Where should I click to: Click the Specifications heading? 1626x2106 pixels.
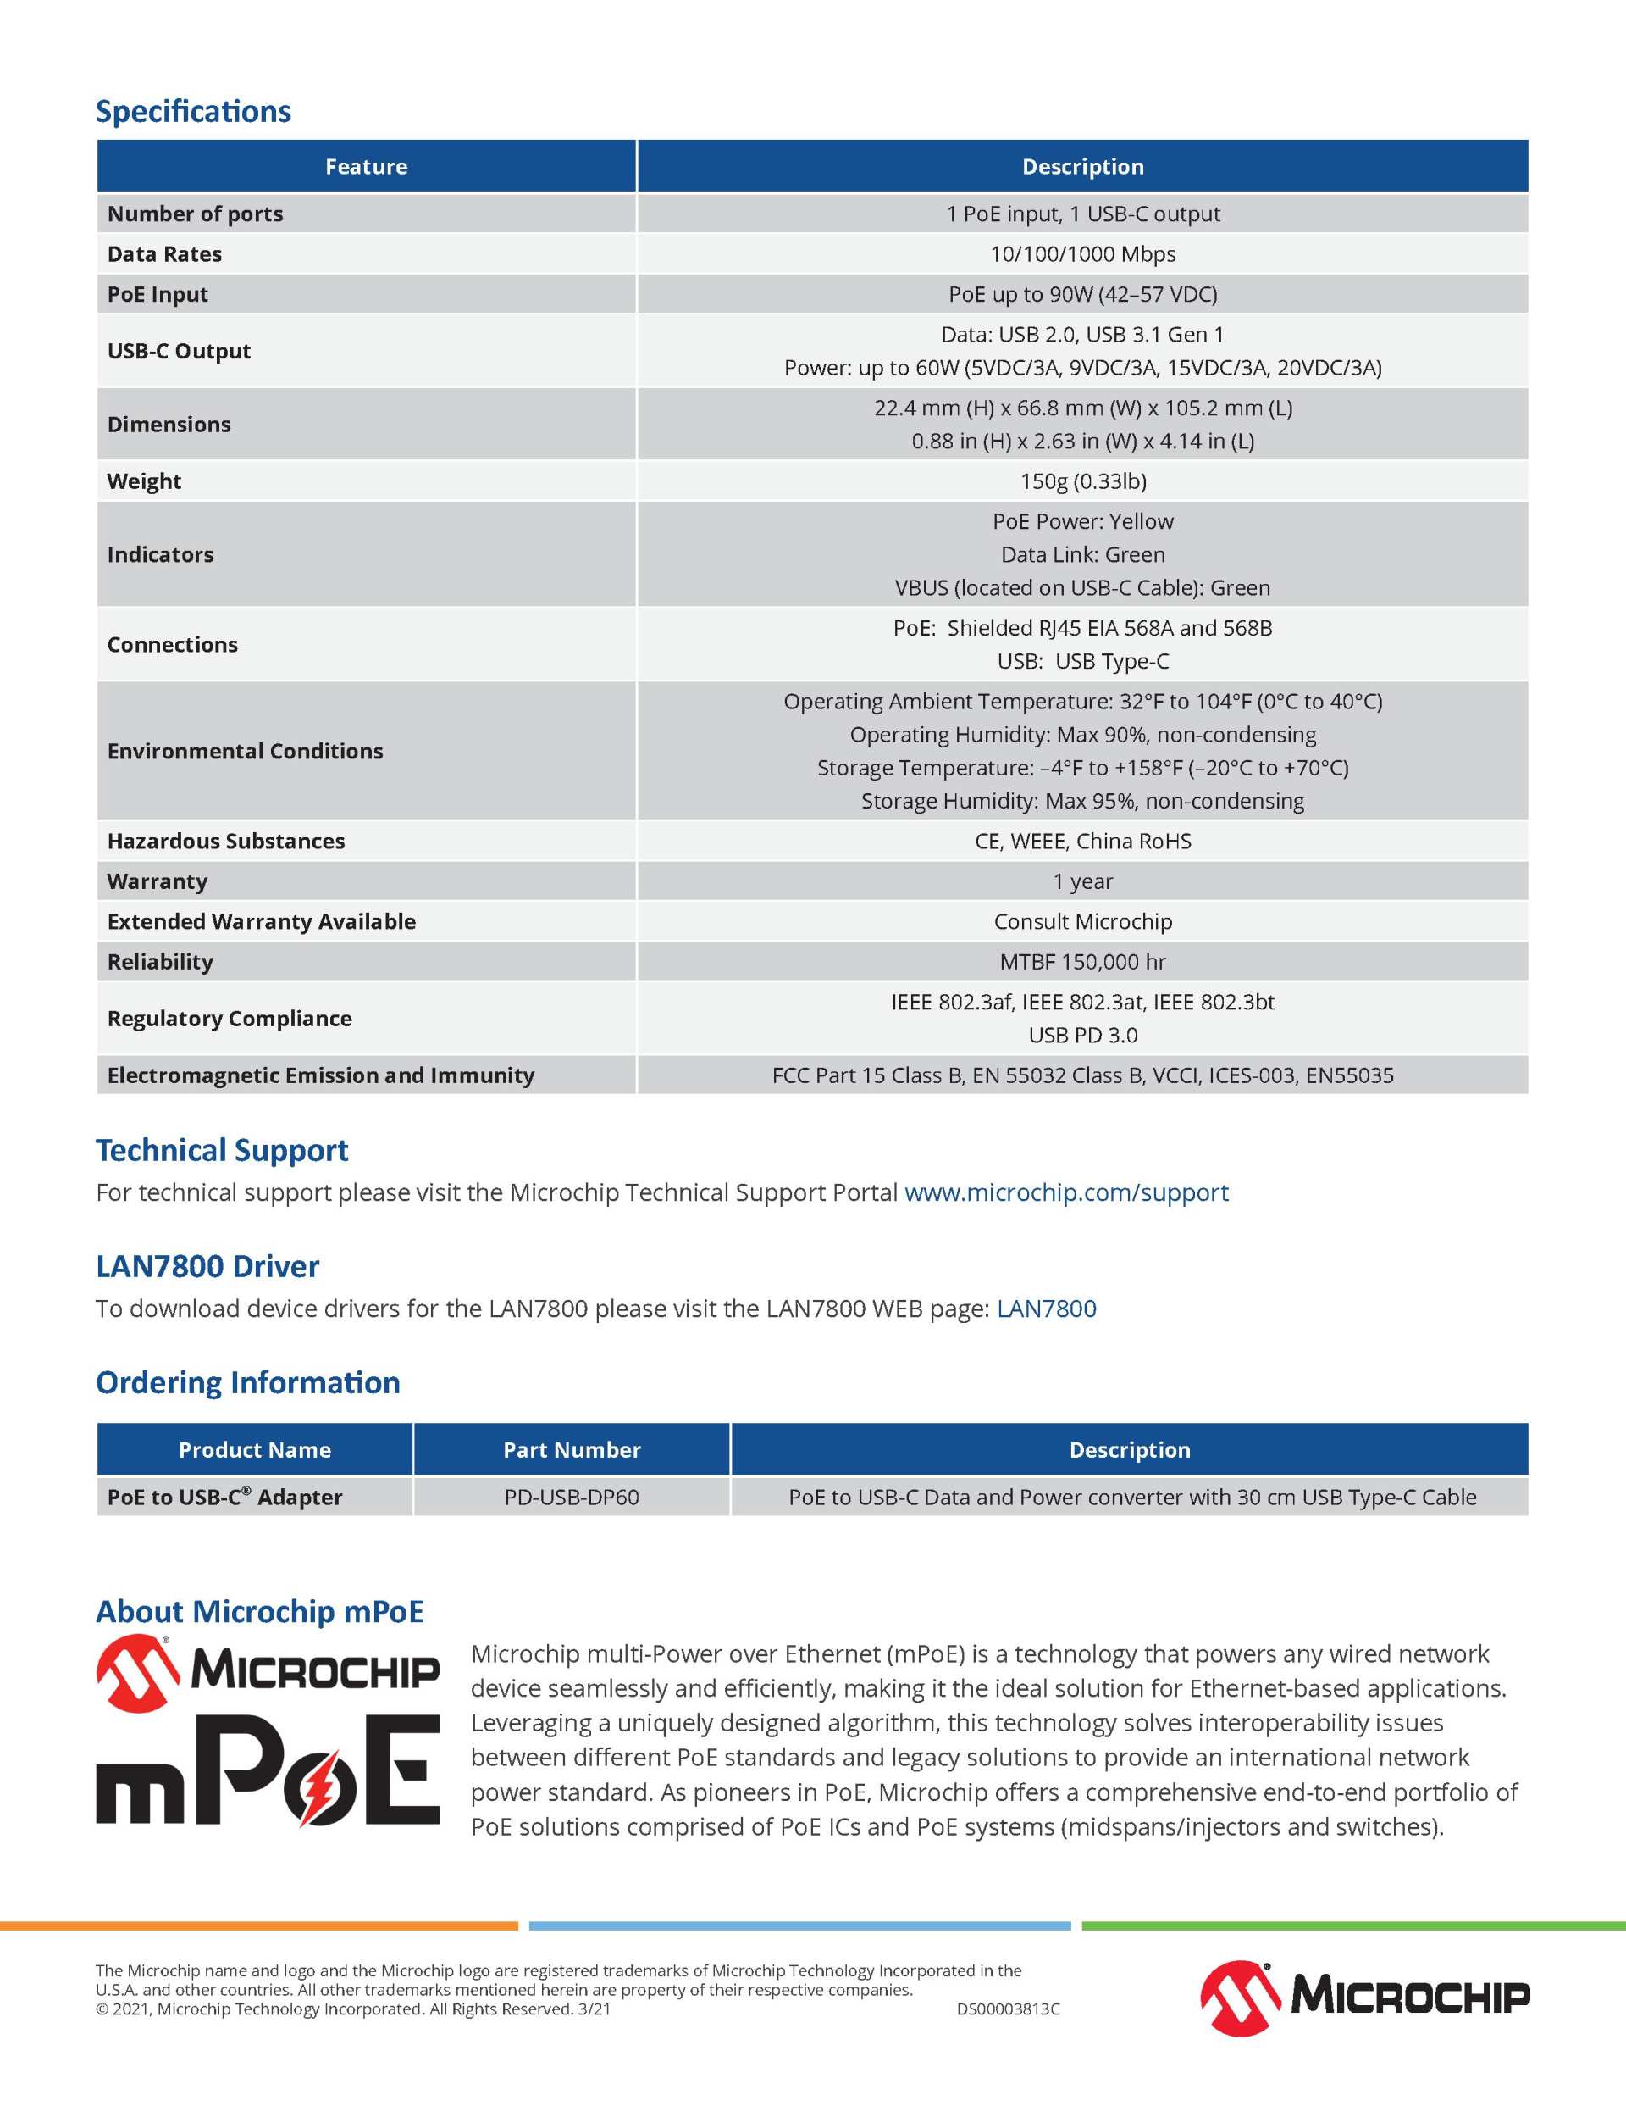[193, 112]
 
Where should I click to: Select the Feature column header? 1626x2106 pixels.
[366, 167]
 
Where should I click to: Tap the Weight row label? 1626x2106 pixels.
[145, 481]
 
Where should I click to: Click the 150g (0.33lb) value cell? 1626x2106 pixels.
[1082, 481]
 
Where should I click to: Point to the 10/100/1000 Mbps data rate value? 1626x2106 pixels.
[1082, 253]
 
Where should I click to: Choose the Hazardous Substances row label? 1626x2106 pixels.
[225, 841]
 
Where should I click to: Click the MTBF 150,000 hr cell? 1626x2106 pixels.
[1082, 961]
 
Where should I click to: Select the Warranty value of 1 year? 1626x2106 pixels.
[1082, 881]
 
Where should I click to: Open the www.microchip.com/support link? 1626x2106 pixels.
[1066, 1192]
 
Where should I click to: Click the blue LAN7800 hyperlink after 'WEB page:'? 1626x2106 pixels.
[1046, 1309]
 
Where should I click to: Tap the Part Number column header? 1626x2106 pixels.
[572, 1449]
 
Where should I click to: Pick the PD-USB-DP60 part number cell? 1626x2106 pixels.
[572, 1497]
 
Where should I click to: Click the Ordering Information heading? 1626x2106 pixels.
[247, 1383]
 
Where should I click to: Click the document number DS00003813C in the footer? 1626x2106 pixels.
[1008, 2009]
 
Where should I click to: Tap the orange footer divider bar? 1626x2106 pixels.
[258, 1925]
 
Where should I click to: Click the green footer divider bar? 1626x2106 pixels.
[1353, 1925]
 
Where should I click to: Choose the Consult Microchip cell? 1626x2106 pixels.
[1082, 922]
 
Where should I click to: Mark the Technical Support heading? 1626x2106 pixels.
[222, 1150]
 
